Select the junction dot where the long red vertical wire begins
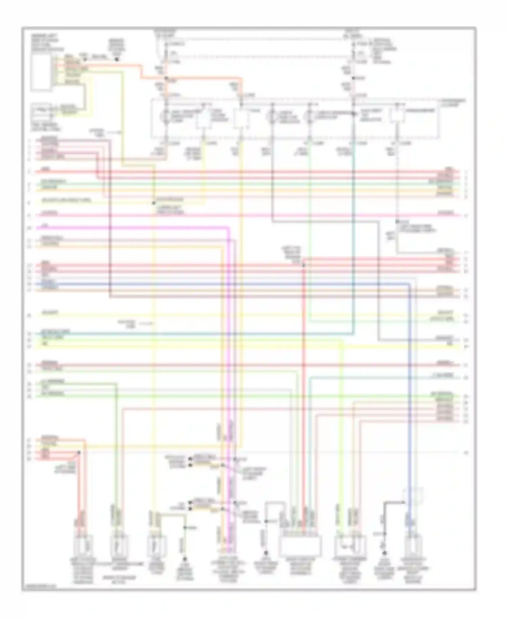pos(304,265)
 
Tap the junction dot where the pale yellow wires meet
pos(153,203)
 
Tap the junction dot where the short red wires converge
pos(79,452)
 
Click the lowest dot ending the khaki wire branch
pos(185,560)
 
